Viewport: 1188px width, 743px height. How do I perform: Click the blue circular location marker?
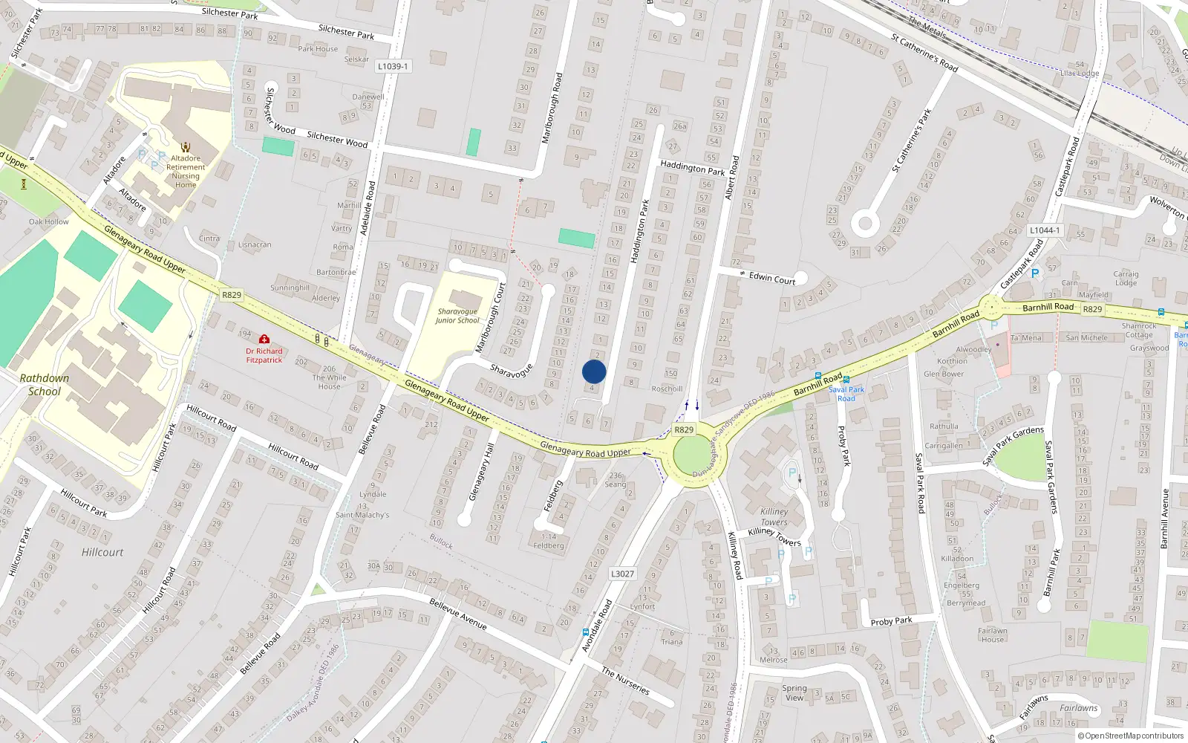click(x=594, y=371)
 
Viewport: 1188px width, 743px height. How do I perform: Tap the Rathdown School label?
click(x=45, y=385)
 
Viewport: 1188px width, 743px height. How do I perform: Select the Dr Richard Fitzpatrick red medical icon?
click(x=264, y=340)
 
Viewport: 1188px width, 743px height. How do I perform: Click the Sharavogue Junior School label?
click(x=457, y=317)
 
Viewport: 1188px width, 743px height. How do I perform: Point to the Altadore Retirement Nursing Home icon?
click(x=186, y=147)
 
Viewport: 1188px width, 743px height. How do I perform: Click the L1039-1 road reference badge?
click(x=392, y=66)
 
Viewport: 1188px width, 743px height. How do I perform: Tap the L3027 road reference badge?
click(x=622, y=574)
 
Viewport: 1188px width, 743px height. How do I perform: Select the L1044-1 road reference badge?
click(x=1045, y=230)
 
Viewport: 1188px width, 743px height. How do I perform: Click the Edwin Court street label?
click(x=771, y=279)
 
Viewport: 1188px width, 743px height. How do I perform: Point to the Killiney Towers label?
click(x=774, y=516)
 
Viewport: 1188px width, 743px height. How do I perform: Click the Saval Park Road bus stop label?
click(x=846, y=394)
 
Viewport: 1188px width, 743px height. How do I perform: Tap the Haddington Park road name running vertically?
click(x=639, y=231)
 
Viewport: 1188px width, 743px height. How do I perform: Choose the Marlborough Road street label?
click(x=552, y=108)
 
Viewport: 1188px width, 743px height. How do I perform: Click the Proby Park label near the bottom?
click(x=891, y=621)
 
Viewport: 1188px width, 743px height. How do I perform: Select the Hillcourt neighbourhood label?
click(x=102, y=552)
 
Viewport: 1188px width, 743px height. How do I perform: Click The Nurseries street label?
click(x=625, y=681)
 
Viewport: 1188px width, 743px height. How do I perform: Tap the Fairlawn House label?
click(x=992, y=635)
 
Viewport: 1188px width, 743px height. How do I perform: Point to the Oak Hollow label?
click(x=49, y=221)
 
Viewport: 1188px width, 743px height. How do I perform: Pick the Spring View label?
click(x=794, y=692)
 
